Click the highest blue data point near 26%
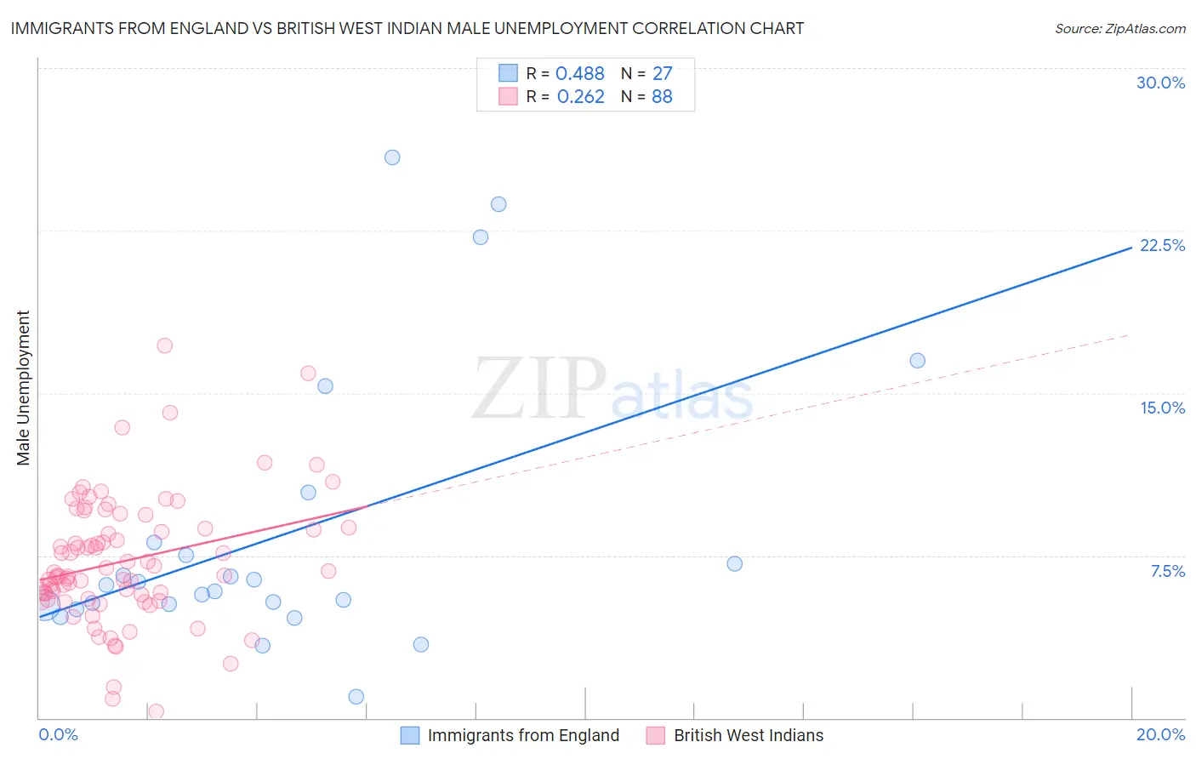[x=392, y=157]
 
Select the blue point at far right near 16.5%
[x=917, y=361]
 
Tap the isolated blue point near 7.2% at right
[x=735, y=563]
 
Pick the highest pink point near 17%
[x=165, y=345]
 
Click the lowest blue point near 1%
[x=356, y=697]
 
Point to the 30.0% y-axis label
[x=1160, y=83]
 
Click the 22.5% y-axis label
[x=1162, y=245]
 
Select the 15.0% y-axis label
[x=1162, y=408]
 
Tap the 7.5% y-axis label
[x=1167, y=571]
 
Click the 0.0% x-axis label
[x=58, y=734]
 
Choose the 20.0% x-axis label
[x=1160, y=734]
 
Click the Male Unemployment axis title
[x=23, y=388]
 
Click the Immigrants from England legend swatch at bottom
[x=410, y=735]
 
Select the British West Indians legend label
[x=749, y=735]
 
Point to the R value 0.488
[x=580, y=74]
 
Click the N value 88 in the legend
[x=662, y=97]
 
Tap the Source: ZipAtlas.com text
[x=1119, y=29]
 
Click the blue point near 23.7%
[x=498, y=204]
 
